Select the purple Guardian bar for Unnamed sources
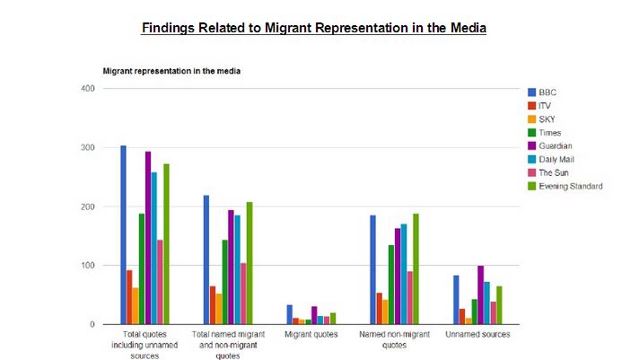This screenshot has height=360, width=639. pos(480,295)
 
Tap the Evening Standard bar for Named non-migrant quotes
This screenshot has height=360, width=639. pos(416,269)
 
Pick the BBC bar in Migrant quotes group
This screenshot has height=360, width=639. pos(289,314)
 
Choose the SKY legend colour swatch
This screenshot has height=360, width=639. pos(531,119)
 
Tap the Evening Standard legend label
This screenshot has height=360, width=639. pos(571,186)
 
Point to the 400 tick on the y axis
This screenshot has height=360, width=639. pos(87,88)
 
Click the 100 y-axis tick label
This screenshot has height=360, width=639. pos(87,266)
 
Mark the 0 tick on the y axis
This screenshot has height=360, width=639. pos(92,325)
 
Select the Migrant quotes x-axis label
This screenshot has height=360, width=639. pos(311,335)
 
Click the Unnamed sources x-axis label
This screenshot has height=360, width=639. pos(477,335)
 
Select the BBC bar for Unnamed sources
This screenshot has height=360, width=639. pos(456,300)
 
